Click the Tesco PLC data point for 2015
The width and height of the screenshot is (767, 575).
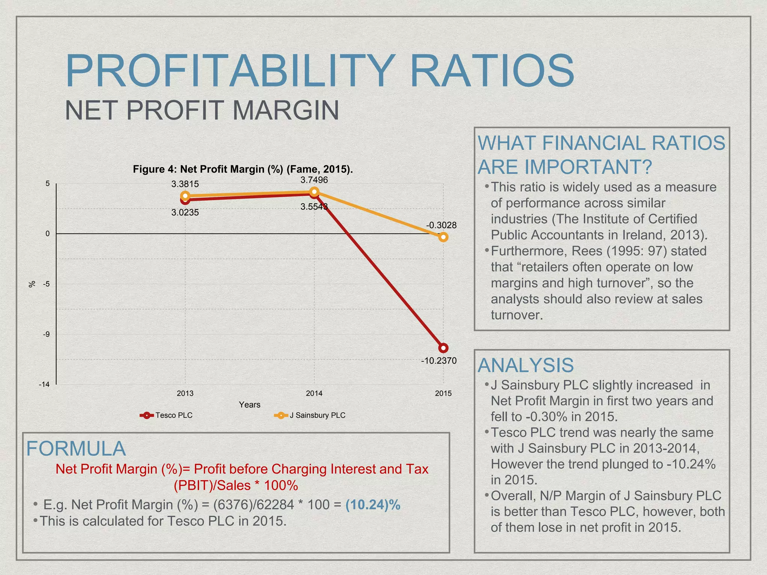tap(443, 348)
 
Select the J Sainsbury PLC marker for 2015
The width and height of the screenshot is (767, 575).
tap(443, 237)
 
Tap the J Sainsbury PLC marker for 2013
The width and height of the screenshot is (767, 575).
tap(185, 196)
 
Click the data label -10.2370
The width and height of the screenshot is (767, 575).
tap(439, 361)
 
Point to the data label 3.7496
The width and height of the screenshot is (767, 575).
tap(314, 180)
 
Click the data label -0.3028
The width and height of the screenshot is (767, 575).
tap(441, 225)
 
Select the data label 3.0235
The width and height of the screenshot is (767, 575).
tap(185, 213)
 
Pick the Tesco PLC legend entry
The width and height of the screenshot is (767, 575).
tap(166, 415)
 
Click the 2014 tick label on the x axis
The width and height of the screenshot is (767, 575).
tap(314, 393)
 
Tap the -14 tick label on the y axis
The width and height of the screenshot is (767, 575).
tap(44, 384)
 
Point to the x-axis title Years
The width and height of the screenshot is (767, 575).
tap(249, 405)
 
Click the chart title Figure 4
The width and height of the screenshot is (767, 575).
tap(243, 169)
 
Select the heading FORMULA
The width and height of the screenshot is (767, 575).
tap(76, 448)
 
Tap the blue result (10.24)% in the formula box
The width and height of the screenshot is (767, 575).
tap(373, 505)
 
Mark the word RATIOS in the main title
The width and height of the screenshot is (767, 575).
tap(492, 71)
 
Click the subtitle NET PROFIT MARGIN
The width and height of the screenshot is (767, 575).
tap(202, 110)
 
